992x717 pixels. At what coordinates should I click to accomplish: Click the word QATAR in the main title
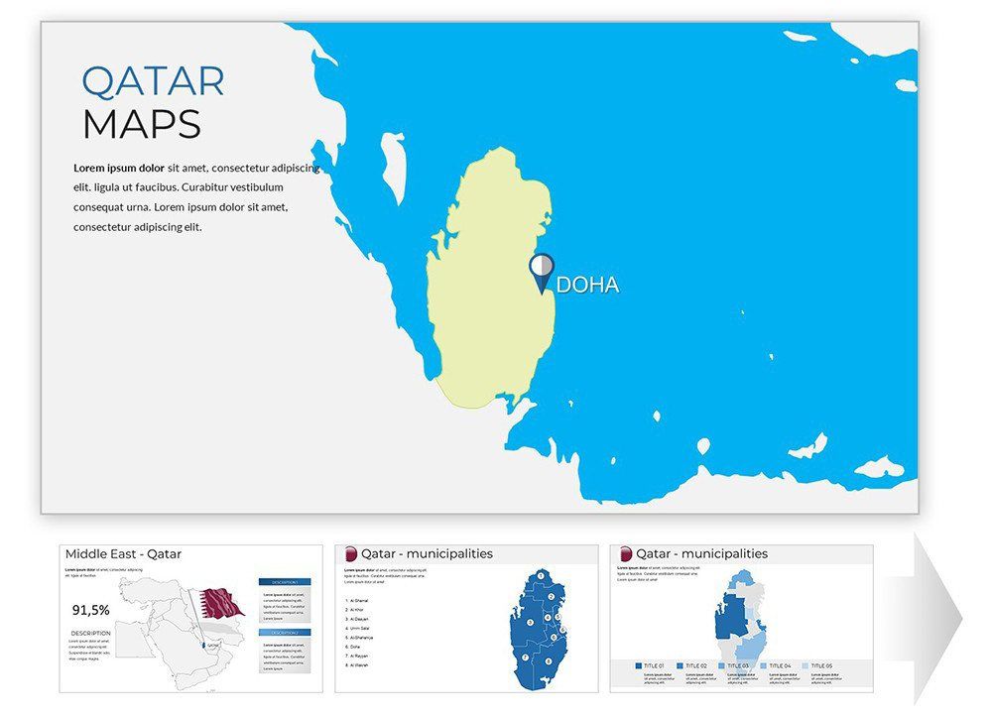[x=153, y=81]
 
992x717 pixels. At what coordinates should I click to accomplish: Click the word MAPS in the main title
[x=141, y=125]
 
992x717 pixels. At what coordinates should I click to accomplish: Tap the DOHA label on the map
[x=588, y=286]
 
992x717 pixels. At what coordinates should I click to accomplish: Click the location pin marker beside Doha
[x=542, y=270]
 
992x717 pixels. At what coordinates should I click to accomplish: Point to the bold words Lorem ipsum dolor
[x=119, y=168]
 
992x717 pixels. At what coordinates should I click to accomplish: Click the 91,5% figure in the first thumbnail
[x=91, y=610]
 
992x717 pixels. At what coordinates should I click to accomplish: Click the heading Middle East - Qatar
[x=123, y=554]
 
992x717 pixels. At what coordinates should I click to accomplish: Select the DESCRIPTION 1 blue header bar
[x=284, y=583]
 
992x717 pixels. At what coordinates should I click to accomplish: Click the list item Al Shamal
[x=359, y=601]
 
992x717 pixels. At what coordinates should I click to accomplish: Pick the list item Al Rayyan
[x=359, y=656]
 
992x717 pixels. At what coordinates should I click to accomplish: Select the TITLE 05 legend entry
[x=819, y=665]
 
